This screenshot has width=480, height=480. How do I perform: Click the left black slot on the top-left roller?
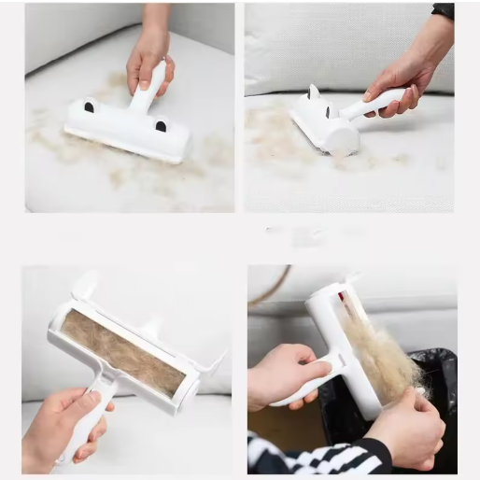[89, 107]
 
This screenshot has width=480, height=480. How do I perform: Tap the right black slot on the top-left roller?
[161, 126]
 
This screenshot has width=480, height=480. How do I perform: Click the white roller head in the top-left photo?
[126, 131]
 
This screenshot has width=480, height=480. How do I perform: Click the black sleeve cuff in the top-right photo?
[443, 11]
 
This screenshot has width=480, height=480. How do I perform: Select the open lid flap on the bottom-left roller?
[84, 285]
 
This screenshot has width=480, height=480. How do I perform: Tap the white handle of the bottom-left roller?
[89, 416]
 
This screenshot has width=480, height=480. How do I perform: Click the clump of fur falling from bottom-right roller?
[383, 360]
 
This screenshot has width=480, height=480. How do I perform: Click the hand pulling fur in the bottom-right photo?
[406, 425]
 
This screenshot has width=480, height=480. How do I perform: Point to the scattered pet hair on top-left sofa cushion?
[56, 140]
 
